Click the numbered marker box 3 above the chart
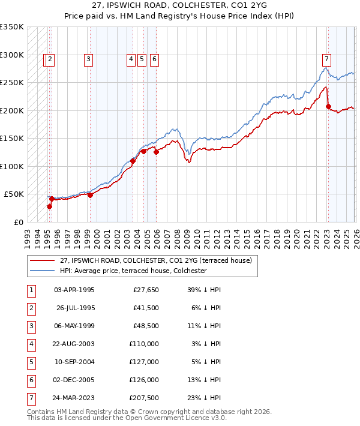point(88,59)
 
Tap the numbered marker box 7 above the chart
point(326,59)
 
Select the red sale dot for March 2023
point(328,107)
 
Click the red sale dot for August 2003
point(133,161)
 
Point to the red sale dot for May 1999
point(90,195)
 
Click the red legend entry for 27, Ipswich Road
point(160,260)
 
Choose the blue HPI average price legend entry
point(133,271)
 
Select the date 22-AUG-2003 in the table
point(74,344)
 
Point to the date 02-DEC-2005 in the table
point(74,380)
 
